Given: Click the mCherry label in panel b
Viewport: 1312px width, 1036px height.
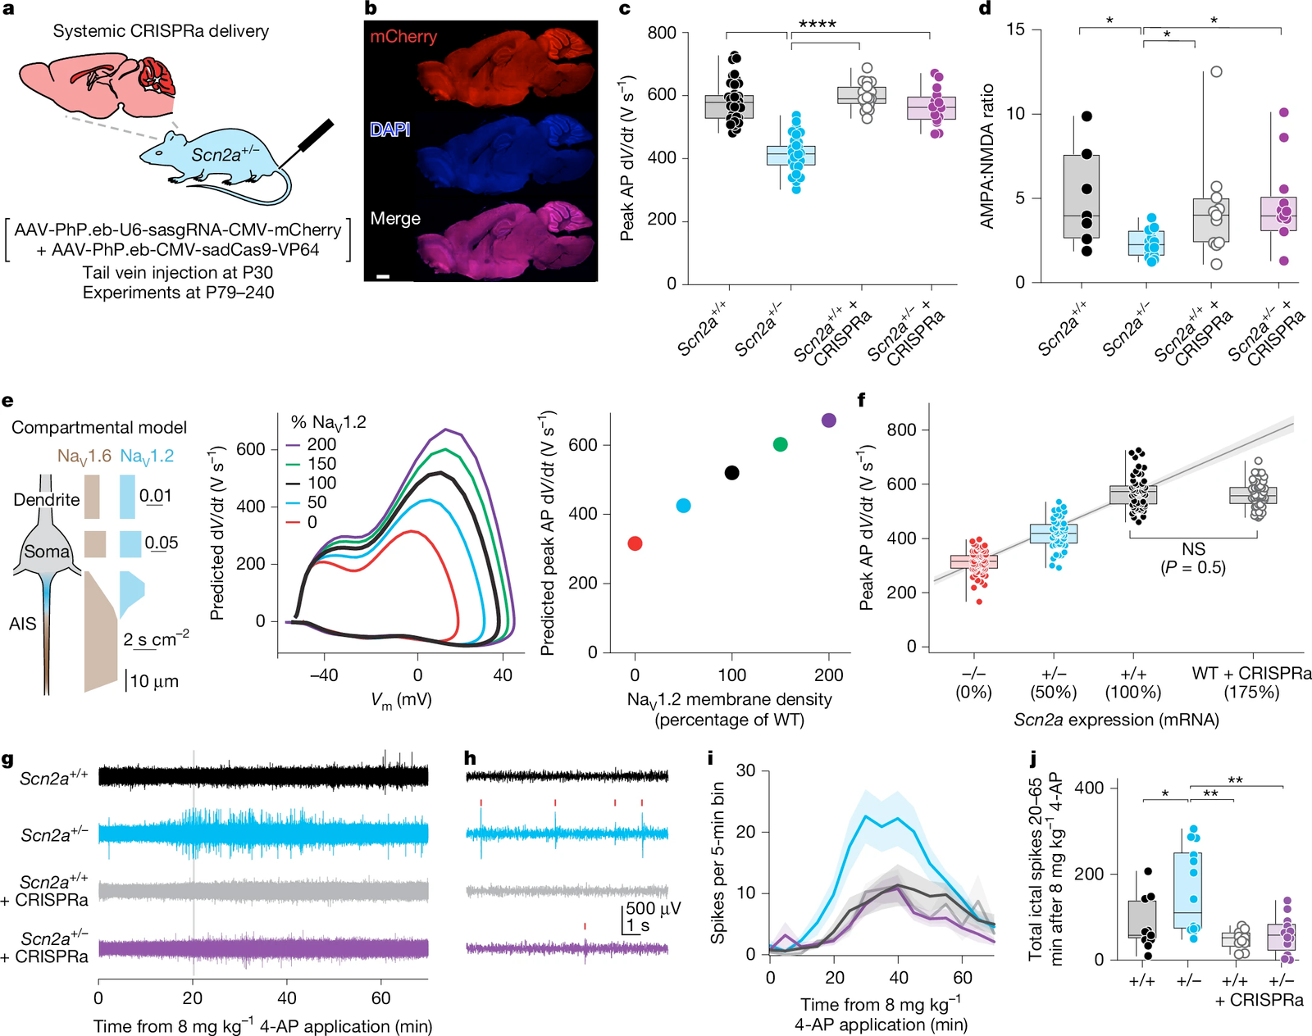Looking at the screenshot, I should click(x=403, y=37).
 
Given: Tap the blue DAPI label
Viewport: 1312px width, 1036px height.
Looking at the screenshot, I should click(x=389, y=129).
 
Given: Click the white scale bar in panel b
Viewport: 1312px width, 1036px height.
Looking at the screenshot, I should click(x=383, y=276).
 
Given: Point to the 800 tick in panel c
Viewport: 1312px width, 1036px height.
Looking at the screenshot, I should click(x=662, y=33).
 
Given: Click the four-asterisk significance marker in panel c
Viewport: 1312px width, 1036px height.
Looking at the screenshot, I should click(x=818, y=24).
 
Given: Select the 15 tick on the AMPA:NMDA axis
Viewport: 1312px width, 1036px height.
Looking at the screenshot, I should click(x=1015, y=30).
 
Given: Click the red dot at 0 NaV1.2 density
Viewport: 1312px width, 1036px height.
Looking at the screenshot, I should click(x=635, y=543).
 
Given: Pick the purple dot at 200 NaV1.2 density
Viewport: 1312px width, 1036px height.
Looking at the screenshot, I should click(x=829, y=420).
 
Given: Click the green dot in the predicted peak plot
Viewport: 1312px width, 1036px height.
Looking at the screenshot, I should click(x=781, y=444).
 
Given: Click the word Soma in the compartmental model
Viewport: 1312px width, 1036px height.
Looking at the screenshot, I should click(x=47, y=552).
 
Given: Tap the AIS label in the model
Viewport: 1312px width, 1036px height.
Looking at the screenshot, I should click(x=22, y=624).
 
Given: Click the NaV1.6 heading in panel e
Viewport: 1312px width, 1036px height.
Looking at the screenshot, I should click(x=84, y=456).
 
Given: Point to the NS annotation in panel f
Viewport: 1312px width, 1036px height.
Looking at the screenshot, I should click(x=1193, y=549).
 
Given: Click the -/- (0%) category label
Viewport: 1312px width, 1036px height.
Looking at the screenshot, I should click(x=973, y=682).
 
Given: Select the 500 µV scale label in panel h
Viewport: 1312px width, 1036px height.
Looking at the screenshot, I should click(x=654, y=908).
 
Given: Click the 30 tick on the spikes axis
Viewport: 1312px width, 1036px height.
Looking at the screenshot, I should click(x=745, y=770).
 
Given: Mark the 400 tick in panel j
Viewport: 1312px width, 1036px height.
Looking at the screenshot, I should click(x=1089, y=788).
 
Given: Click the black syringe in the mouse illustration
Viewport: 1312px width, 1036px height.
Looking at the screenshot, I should click(x=314, y=137).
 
